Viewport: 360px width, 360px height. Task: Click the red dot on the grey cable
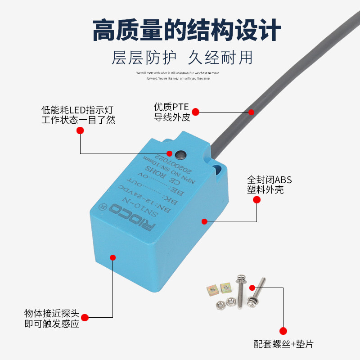252,112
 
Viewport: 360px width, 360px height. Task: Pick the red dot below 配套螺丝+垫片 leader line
283,331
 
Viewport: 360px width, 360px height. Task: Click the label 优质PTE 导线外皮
172,112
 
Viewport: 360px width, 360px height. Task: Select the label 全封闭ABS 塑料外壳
269,184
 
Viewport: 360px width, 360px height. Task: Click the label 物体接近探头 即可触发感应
51,318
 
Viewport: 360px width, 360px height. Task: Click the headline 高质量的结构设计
180,30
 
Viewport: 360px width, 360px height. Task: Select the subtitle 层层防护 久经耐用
180,58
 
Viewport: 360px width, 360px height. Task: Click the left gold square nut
211,289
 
